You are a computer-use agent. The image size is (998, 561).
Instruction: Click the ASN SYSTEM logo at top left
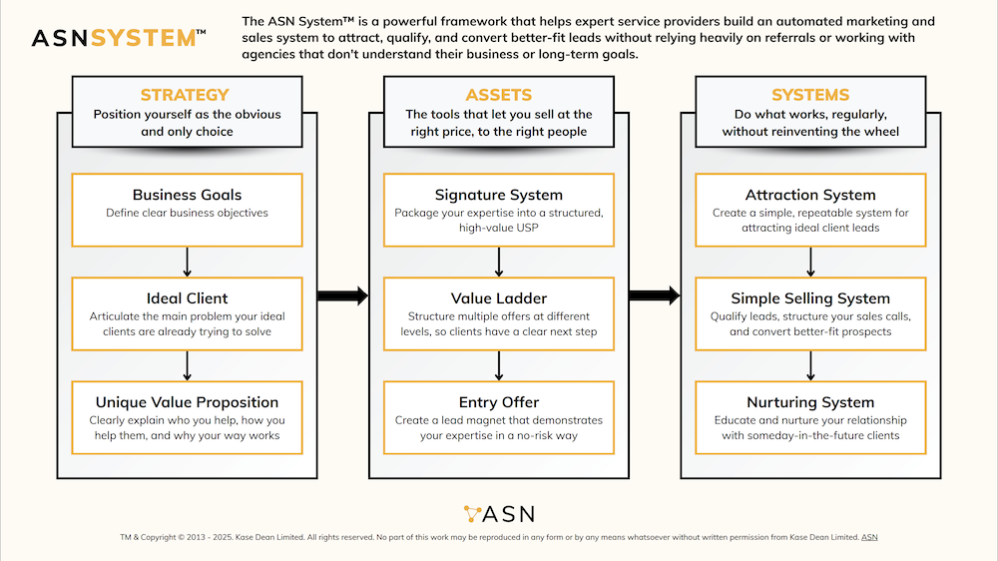click(x=119, y=38)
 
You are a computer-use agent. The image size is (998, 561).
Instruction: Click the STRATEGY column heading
click(x=187, y=95)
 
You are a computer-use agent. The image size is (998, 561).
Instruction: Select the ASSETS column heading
click(x=498, y=95)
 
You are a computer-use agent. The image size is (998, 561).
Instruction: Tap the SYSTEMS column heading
click(x=809, y=95)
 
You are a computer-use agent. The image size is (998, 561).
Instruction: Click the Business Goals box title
click(x=187, y=195)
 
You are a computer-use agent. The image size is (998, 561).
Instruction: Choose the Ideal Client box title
click(x=187, y=298)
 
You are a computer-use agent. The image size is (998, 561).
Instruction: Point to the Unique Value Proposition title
click(x=187, y=402)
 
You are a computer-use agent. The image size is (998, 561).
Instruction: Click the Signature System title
click(x=498, y=195)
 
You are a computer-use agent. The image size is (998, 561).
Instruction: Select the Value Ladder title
click(x=498, y=298)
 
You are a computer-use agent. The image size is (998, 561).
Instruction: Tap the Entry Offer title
click(x=498, y=402)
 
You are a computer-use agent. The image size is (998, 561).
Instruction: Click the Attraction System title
click(x=809, y=195)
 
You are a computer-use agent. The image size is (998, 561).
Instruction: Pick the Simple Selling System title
click(x=809, y=298)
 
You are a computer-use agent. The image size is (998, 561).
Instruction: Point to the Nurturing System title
click(x=809, y=402)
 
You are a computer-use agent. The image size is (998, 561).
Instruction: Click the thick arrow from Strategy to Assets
click(x=342, y=295)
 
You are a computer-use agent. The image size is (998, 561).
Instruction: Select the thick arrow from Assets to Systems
click(x=654, y=295)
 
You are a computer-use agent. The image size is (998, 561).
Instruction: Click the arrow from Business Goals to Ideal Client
click(x=187, y=262)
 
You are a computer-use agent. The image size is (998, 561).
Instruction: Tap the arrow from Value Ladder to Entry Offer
click(x=498, y=365)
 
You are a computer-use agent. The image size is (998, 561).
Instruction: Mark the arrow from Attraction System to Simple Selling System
click(x=809, y=262)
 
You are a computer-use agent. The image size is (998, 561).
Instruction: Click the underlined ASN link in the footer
click(x=869, y=538)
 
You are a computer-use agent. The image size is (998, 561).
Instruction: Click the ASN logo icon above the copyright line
click(x=473, y=514)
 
